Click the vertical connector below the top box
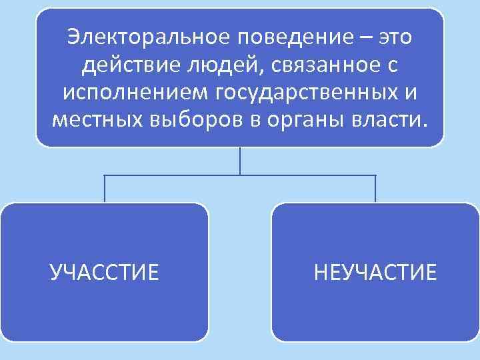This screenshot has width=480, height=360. [x=240, y=161]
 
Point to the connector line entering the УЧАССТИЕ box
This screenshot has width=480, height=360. [x=105, y=189]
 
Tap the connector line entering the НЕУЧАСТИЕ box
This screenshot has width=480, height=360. [x=375, y=189]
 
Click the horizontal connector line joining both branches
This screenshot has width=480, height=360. [x=173, y=175]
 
